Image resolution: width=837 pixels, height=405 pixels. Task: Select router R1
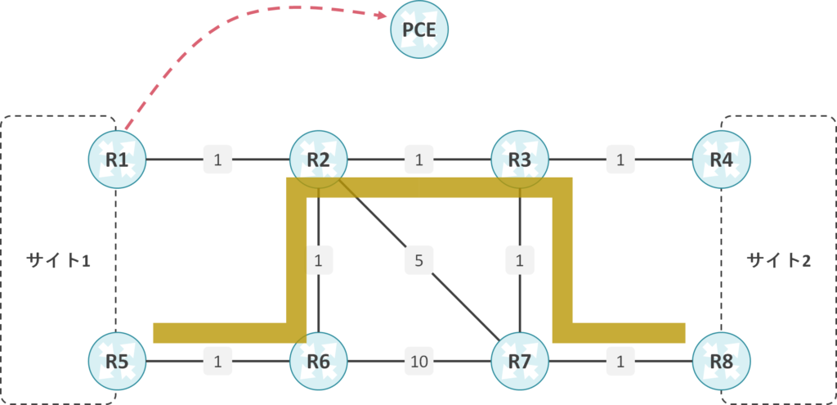pyautogui.click(x=117, y=160)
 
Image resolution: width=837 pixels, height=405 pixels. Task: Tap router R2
pyautogui.click(x=319, y=160)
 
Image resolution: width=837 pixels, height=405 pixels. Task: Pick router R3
pyautogui.click(x=520, y=160)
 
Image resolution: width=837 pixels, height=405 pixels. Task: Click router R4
pyautogui.click(x=721, y=160)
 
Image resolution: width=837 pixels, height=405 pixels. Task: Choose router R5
pyautogui.click(x=117, y=360)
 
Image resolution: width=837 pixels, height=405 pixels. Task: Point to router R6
pyautogui.click(x=319, y=360)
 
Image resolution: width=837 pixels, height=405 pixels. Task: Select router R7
pyautogui.click(x=520, y=360)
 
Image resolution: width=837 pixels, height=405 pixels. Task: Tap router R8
pyautogui.click(x=721, y=360)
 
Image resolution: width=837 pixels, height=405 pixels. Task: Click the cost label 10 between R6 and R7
pyautogui.click(x=419, y=360)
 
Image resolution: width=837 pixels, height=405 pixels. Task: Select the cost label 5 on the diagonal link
pyautogui.click(x=418, y=262)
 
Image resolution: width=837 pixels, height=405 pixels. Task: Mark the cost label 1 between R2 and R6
pyautogui.click(x=319, y=262)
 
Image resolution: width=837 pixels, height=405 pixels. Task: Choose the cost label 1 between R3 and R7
pyautogui.click(x=520, y=262)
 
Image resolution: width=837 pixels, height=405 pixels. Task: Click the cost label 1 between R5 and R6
pyautogui.click(x=217, y=360)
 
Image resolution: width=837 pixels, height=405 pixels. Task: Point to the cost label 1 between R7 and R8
pyautogui.click(x=620, y=360)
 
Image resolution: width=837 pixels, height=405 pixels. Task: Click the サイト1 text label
pyautogui.click(x=57, y=261)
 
